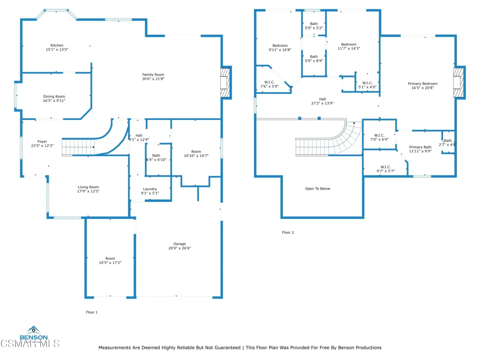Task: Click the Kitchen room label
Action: click(x=57, y=45)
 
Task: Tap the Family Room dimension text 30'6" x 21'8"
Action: click(x=153, y=79)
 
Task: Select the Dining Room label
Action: click(x=54, y=97)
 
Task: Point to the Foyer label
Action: click(x=42, y=142)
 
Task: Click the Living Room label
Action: click(x=88, y=187)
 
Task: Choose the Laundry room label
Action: click(x=150, y=189)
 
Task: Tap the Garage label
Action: click(x=180, y=244)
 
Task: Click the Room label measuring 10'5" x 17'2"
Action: click(x=110, y=258)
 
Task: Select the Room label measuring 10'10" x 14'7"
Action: click(x=195, y=151)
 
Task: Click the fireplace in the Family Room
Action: click(x=226, y=82)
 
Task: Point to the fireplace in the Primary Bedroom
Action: click(x=458, y=82)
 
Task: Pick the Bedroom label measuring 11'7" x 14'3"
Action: click(x=348, y=45)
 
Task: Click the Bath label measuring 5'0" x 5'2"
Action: click(x=314, y=24)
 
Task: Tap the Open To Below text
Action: click(x=318, y=189)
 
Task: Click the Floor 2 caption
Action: click(x=287, y=232)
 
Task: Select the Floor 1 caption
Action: click(x=91, y=312)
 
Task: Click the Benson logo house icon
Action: click(x=33, y=330)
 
